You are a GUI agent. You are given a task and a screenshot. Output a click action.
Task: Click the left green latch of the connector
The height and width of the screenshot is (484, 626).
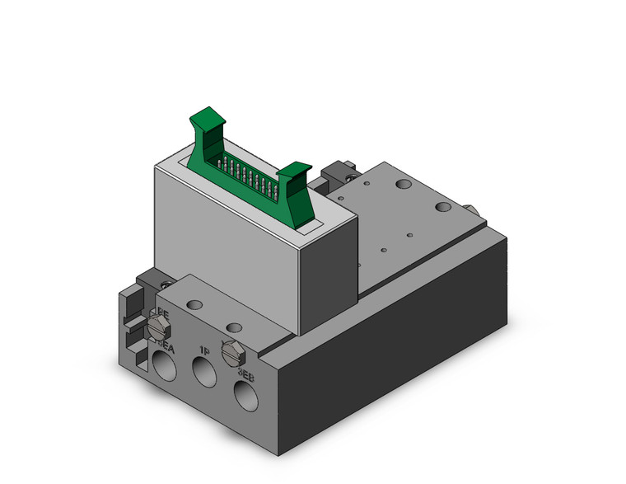[x=207, y=129]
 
